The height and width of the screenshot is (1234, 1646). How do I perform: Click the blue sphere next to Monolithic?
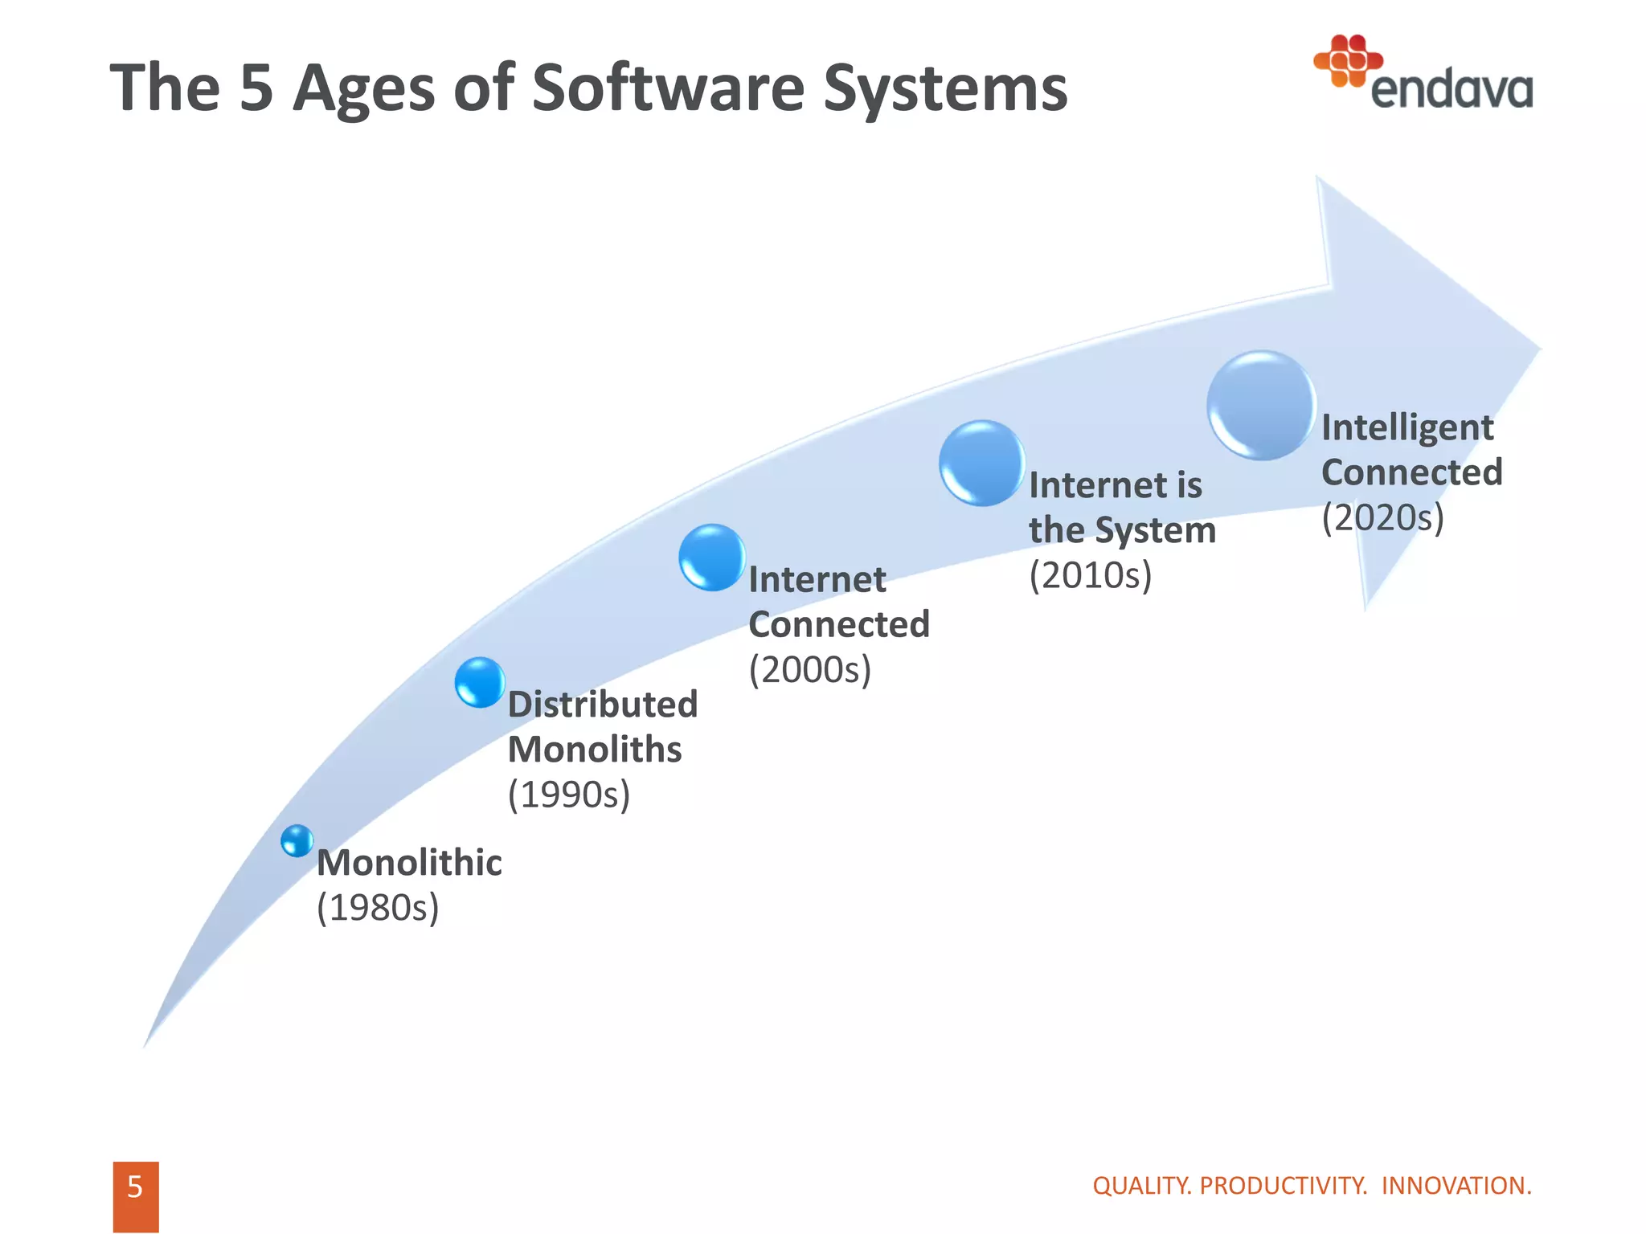297,840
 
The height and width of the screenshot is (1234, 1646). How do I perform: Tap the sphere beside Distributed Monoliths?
480,682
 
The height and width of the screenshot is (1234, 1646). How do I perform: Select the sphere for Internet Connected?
712,558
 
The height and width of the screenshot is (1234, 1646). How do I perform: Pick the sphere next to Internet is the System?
981,464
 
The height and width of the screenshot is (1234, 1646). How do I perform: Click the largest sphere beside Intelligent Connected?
1260,406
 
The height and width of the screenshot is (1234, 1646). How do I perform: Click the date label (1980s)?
378,908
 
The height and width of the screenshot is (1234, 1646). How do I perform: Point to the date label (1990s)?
569,795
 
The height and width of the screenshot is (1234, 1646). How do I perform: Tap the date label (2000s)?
810,669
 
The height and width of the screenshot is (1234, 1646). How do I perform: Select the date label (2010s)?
1091,575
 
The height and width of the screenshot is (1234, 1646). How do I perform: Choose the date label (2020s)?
1382,517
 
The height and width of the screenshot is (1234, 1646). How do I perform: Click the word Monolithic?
409,863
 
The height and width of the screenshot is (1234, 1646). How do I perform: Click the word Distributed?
603,705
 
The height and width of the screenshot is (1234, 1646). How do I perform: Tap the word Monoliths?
595,750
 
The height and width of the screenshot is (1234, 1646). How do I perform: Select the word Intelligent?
1407,427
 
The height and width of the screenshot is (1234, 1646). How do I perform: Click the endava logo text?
1451,89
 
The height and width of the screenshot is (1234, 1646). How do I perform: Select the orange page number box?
135,1195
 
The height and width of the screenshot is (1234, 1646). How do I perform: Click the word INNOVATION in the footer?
1456,1186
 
